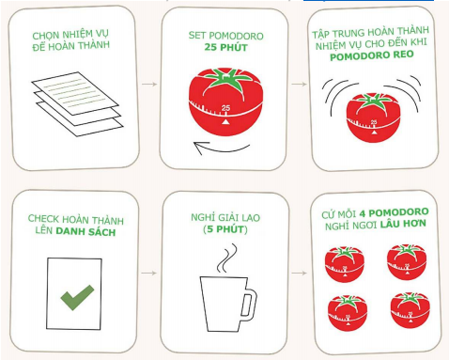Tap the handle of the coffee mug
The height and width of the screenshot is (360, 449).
click(x=250, y=304)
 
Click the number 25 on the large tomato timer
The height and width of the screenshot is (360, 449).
click(x=225, y=108)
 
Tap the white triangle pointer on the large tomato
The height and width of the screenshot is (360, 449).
click(x=225, y=121)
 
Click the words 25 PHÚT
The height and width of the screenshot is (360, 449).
click(x=225, y=47)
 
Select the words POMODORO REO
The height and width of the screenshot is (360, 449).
click(x=372, y=55)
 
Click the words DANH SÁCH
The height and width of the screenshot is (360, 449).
click(x=85, y=231)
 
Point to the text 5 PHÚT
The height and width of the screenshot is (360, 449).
click(x=225, y=229)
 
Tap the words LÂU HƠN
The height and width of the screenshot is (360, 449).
click(x=403, y=225)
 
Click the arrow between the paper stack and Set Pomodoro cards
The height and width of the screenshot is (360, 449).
click(x=149, y=84)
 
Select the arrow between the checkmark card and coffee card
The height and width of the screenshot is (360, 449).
click(x=148, y=274)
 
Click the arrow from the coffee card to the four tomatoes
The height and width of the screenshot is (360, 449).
click(x=299, y=274)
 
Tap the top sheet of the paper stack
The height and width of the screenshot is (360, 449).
click(x=75, y=93)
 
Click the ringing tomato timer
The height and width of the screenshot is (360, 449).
click(x=373, y=117)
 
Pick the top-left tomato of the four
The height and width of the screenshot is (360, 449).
click(x=345, y=264)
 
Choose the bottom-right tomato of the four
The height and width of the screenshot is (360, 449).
click(x=410, y=310)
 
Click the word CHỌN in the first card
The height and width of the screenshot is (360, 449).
click(x=46, y=35)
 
